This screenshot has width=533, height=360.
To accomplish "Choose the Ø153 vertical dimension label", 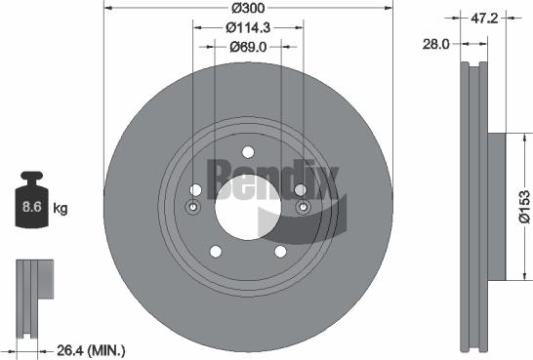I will pyautogui.click(x=525, y=208).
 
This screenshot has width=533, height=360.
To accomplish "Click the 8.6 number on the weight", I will pyautogui.click(x=30, y=208).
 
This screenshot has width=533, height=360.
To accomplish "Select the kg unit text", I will pyautogui.click(x=61, y=208).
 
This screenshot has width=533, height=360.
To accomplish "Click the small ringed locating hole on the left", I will pyautogui.click(x=192, y=208).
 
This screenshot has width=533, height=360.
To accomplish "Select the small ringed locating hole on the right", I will pyautogui.click(x=302, y=208).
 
